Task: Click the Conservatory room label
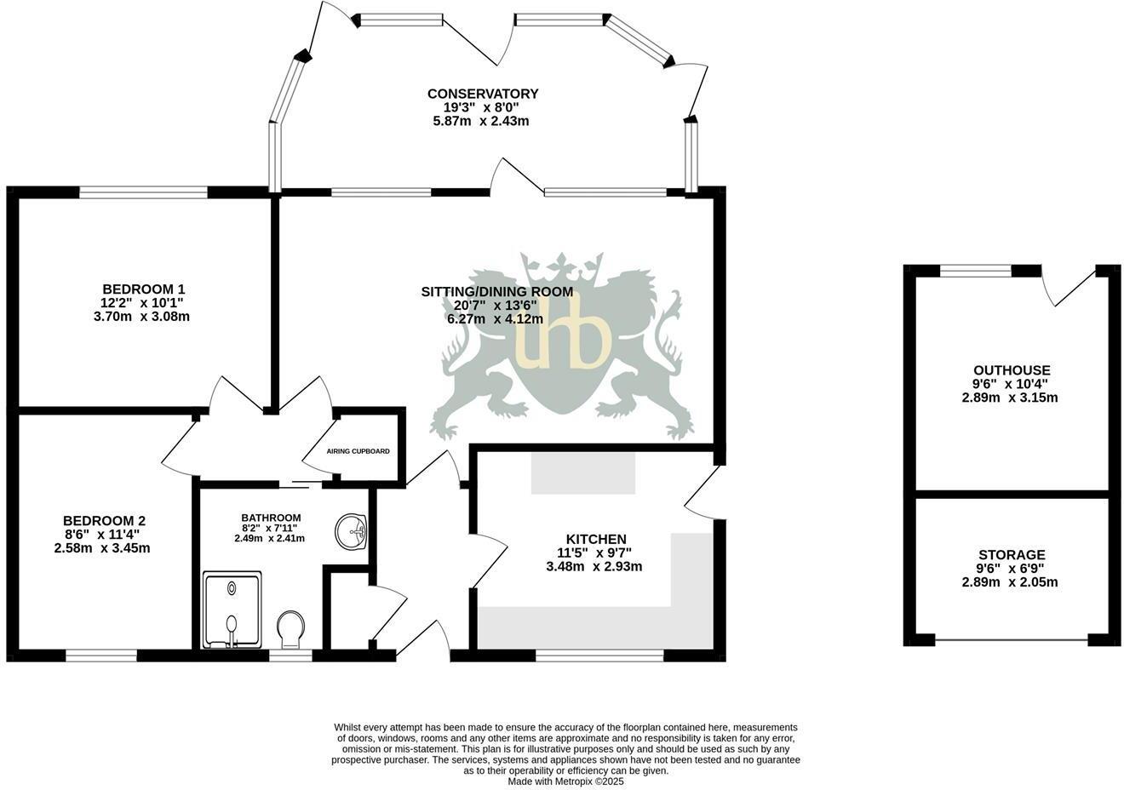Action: pyautogui.click(x=482, y=94)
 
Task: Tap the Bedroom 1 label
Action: pyautogui.click(x=143, y=289)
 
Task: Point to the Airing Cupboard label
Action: pyautogui.click(x=358, y=451)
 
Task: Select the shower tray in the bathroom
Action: pyautogui.click(x=232, y=610)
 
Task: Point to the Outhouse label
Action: pyautogui.click(x=1012, y=370)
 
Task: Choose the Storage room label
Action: pyautogui.click(x=1012, y=555)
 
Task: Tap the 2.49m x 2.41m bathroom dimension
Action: pyautogui.click(x=270, y=538)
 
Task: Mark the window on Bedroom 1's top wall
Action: pyautogui.click(x=143, y=192)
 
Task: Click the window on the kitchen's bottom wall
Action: pyautogui.click(x=599, y=655)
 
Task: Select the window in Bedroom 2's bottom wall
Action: pyautogui.click(x=101, y=655)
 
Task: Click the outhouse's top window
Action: pyautogui.click(x=975, y=271)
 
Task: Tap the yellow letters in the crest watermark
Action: pyautogui.click(x=564, y=341)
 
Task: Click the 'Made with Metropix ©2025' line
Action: pyautogui.click(x=565, y=781)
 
